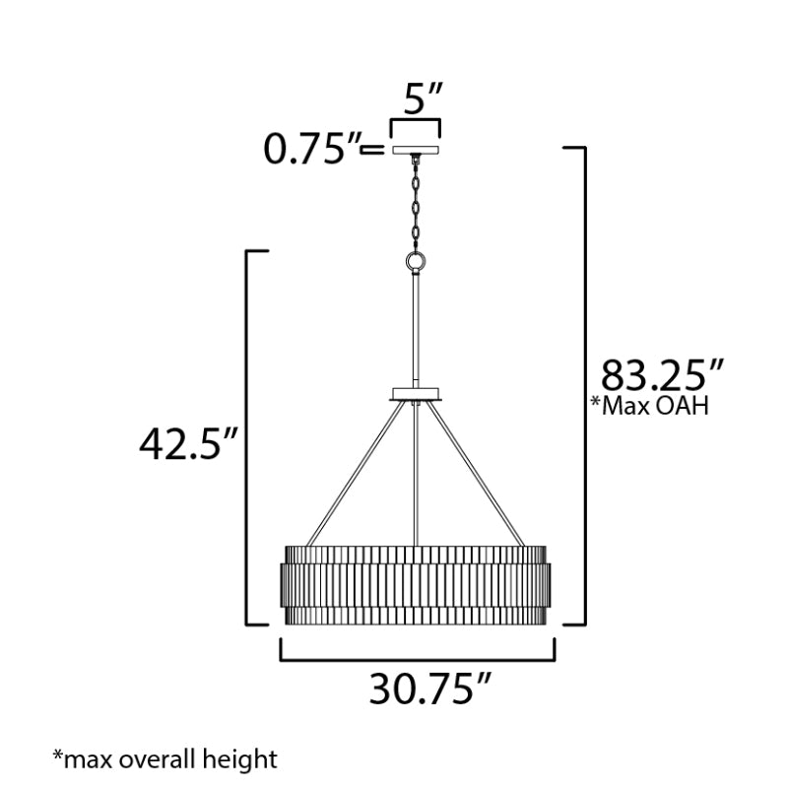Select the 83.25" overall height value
click(662, 375)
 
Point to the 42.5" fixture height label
click(187, 444)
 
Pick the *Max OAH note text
click(650, 406)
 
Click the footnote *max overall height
click(164, 758)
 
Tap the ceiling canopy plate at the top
click(416, 150)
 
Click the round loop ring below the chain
click(416, 261)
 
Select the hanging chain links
click(416, 205)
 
